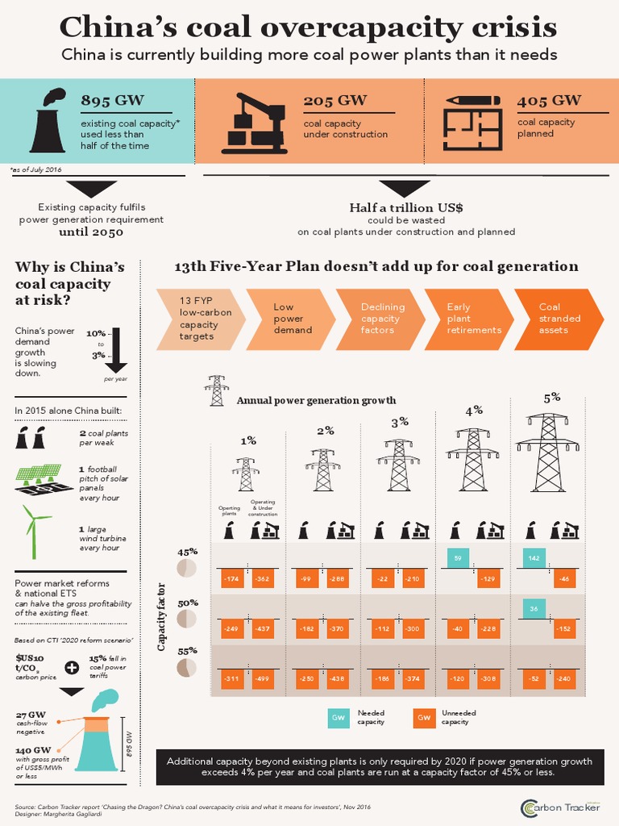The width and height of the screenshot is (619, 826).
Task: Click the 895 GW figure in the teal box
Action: [x=113, y=100]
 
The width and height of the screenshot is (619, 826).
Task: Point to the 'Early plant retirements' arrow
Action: [x=475, y=319]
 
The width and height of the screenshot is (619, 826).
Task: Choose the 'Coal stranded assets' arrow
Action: [x=564, y=319]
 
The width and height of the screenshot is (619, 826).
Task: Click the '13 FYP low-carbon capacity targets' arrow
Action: [x=197, y=319]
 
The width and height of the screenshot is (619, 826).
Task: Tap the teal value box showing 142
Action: [x=534, y=557]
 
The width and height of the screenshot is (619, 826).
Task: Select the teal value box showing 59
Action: [x=458, y=557]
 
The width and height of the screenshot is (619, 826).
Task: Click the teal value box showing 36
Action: [x=534, y=609]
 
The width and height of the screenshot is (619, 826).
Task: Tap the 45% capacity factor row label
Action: [x=187, y=553]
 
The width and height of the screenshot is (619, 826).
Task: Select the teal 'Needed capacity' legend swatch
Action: [x=339, y=717]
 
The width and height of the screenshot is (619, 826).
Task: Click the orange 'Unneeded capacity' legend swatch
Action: [x=423, y=717]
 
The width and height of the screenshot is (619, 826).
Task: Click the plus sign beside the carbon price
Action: [x=72, y=667]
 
